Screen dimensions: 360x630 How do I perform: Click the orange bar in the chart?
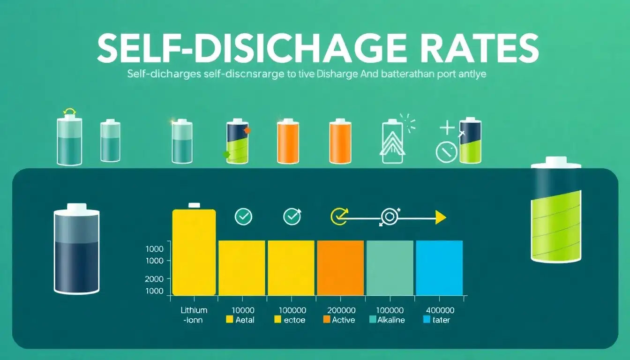point(340,268)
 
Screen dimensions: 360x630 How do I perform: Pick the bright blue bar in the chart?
point(439,268)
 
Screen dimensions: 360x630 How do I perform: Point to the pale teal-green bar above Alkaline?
point(390,268)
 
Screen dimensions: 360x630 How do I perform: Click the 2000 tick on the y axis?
point(155,279)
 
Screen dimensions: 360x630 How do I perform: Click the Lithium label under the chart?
point(194,310)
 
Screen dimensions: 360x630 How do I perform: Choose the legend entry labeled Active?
point(339,320)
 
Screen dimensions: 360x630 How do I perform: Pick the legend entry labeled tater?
point(438,320)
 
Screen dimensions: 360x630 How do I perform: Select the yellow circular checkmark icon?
point(338,216)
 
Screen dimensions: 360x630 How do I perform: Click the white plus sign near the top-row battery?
point(447,127)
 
